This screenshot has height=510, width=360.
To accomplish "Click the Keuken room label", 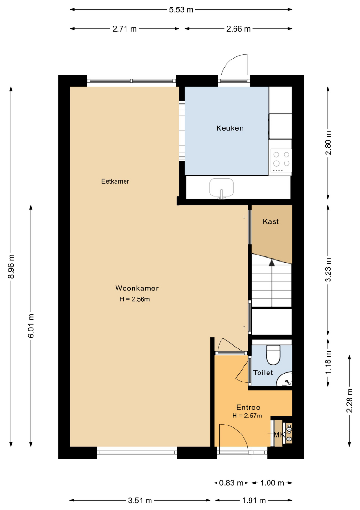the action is pos(230,128).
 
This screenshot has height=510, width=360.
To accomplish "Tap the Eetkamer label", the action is pos(115,181).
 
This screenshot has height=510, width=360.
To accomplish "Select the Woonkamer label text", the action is pos(137,288).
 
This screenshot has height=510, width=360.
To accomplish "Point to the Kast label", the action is pos(271,221).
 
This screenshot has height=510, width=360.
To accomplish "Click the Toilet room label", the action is pos(263,373).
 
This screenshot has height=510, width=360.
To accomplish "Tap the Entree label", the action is pos(248,407).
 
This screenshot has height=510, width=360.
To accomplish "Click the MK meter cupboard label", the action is pos(279,434).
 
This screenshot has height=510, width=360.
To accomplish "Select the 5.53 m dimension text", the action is pos(181,10).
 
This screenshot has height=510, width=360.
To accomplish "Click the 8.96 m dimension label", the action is pos(11,266).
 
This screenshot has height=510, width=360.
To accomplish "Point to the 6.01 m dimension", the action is pos(31,326).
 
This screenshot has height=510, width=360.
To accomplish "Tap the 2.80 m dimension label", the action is pos(328,143).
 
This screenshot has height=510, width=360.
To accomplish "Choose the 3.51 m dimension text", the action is pos(140,500).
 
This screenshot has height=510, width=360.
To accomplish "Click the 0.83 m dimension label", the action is pos(231,483).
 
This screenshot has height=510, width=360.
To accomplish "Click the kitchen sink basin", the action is pos(222,188).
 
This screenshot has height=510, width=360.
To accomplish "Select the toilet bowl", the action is pos(273,355).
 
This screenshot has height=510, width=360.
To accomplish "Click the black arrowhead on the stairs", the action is pos(272,263).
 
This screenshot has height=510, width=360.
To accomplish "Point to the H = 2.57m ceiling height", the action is pos(247,416).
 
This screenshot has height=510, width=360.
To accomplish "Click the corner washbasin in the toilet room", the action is pos(285,379).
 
